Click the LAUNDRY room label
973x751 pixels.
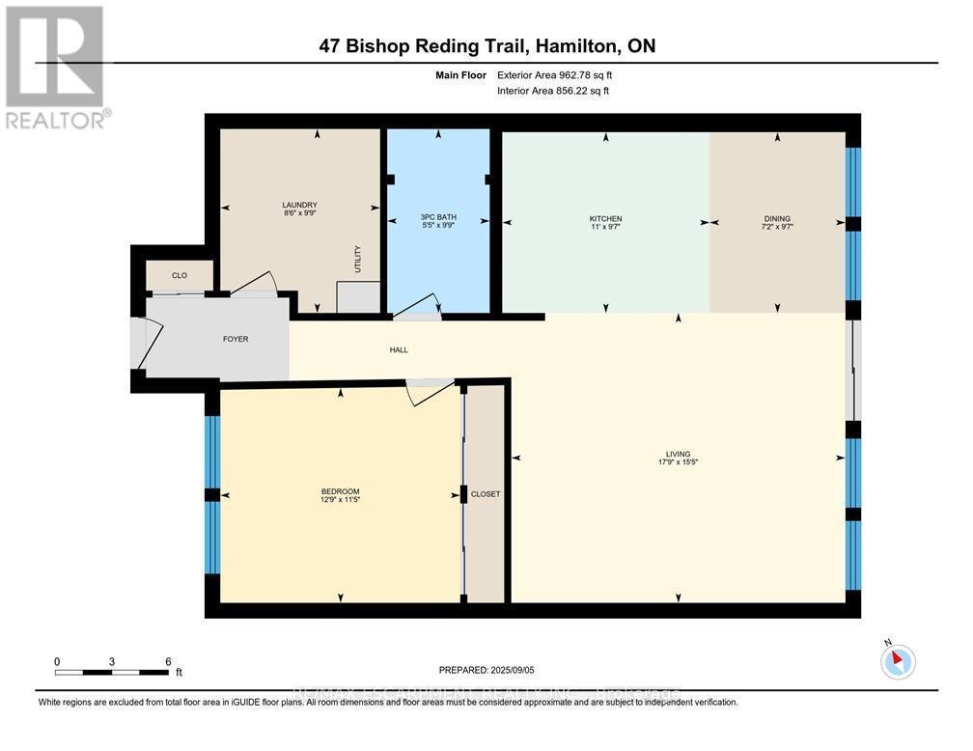(x=299, y=205)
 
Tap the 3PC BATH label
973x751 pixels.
(x=437, y=216)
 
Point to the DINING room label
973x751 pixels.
(x=777, y=219)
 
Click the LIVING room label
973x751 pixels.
(x=678, y=454)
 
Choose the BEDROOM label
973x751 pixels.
(x=340, y=490)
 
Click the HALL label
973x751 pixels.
(x=398, y=349)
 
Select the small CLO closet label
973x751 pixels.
(x=179, y=275)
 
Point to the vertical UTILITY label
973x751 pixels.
(x=357, y=259)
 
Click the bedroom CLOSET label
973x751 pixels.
(x=486, y=493)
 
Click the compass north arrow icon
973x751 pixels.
(x=898, y=661)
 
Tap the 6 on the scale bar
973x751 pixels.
(x=167, y=661)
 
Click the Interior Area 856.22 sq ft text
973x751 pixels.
(x=553, y=91)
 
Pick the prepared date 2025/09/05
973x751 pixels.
(x=512, y=669)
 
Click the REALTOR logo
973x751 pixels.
(x=56, y=68)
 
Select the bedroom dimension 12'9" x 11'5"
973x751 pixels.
(x=340, y=500)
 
